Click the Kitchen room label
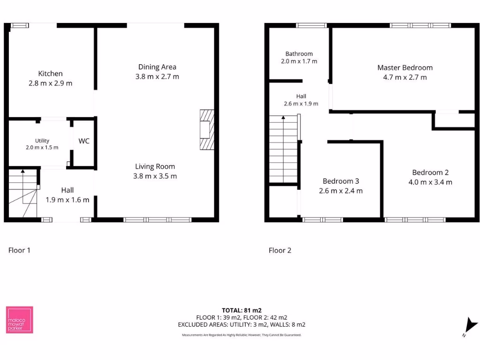(50, 74)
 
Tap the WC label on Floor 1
(84, 141)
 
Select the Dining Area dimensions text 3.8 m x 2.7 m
(157, 76)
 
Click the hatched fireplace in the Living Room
(207, 130)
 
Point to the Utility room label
(42, 141)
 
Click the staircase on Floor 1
(22, 194)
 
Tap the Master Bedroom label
(405, 67)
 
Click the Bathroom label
(299, 54)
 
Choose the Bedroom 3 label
(341, 181)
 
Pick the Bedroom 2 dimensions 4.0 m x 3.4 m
(430, 182)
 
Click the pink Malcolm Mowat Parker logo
(19, 320)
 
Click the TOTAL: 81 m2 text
(241, 310)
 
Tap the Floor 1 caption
(19, 250)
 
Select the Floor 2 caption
(280, 250)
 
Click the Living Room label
(155, 166)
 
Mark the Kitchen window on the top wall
(20, 25)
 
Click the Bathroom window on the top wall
(311, 25)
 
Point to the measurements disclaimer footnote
(241, 335)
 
